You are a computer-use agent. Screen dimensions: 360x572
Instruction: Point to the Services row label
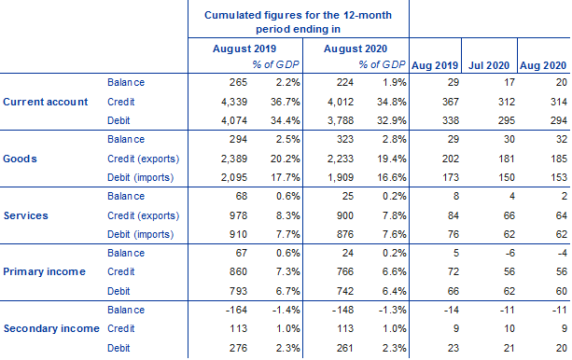pos(28,215)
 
